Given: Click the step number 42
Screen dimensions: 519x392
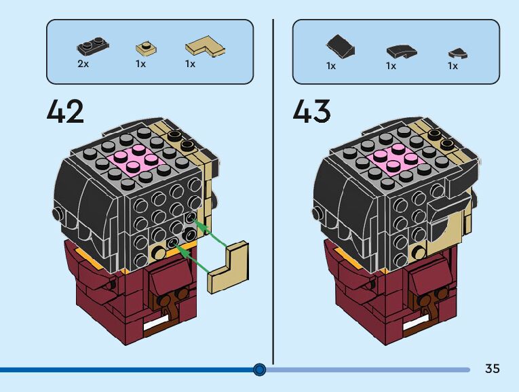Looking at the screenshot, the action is pyautogui.click(x=65, y=111).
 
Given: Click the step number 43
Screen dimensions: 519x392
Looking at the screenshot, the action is pyautogui.click(x=311, y=111).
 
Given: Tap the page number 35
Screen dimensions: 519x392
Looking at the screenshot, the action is pyautogui.click(x=493, y=369).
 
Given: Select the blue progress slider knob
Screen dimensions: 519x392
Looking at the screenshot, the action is pyautogui.click(x=259, y=370).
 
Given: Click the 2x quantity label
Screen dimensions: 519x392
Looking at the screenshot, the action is pyautogui.click(x=83, y=64).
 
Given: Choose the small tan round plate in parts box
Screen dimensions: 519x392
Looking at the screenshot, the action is pyautogui.click(x=144, y=49).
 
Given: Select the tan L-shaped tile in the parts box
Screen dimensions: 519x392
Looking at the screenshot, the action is pyautogui.click(x=205, y=47).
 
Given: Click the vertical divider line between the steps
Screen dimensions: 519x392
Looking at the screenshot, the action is pyautogui.click(x=273, y=190).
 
